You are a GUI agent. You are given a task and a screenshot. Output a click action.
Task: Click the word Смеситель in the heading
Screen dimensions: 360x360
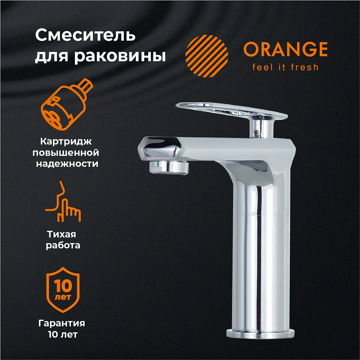pos(85,35)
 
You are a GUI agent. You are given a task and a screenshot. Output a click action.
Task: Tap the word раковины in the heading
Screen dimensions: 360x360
pos(120,55)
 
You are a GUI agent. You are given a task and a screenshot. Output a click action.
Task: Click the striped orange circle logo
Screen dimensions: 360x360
pos(207,56)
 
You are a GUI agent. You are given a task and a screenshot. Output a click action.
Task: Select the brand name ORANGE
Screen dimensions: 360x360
pos(285,49)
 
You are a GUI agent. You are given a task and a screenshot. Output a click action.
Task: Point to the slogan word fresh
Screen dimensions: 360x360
pos(305,67)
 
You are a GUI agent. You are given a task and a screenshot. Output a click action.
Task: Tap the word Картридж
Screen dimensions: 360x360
pos(66,141)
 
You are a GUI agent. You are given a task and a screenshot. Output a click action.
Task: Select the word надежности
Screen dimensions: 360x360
pos(67,164)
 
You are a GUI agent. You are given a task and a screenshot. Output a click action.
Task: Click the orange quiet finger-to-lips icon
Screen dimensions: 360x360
pos(63,201)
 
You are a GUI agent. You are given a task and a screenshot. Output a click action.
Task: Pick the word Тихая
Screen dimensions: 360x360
pos(62,234)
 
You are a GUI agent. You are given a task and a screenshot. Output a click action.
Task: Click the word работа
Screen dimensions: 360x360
pos(63,245)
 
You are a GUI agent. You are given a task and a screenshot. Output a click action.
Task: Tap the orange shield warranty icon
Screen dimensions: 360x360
pos(63,289)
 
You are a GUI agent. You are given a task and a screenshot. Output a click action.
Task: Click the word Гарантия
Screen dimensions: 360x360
pos(62,323)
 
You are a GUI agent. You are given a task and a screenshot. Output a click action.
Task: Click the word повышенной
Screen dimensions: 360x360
pos(66,153)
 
